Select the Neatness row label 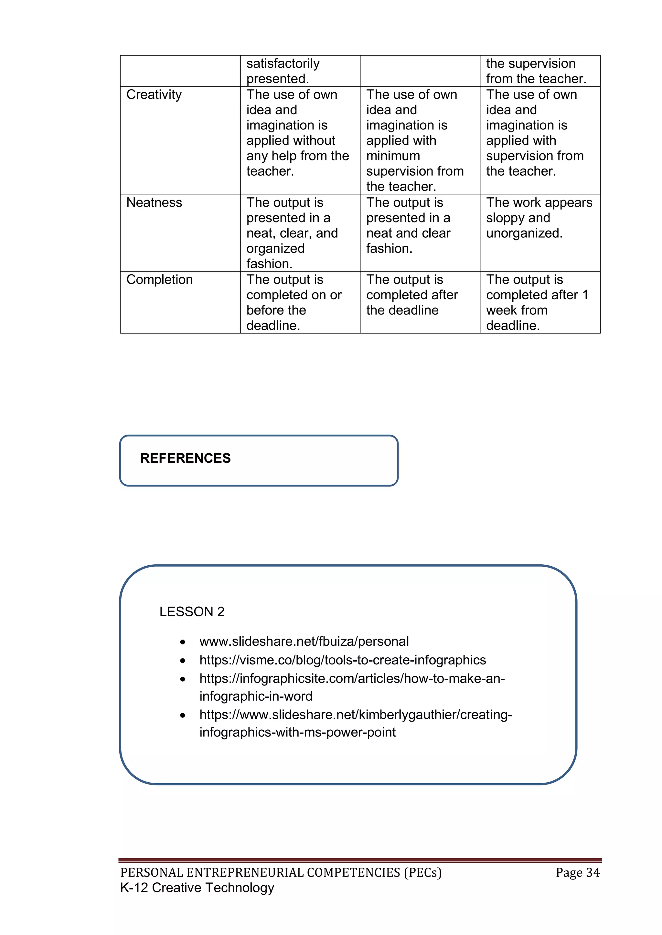[154, 202]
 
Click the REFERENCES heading [185, 458]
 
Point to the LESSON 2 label [192, 612]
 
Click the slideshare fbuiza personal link [304, 642]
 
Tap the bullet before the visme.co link [183, 661]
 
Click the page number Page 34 [577, 873]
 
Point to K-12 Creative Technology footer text [197, 888]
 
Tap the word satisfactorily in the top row [283, 64]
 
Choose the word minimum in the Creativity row [393, 156]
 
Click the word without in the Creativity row [311, 140]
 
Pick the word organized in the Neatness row [275, 248]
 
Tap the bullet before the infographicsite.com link [183, 679]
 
